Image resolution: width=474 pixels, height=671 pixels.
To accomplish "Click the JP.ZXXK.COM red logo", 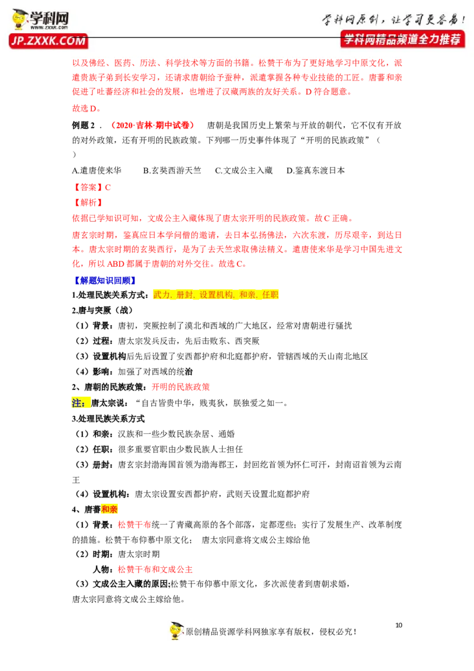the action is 48,41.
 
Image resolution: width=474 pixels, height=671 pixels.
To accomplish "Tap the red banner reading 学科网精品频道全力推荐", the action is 402,39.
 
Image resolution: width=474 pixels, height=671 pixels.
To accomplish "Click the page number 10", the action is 399,625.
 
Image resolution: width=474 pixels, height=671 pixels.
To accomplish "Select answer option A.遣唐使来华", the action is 97,170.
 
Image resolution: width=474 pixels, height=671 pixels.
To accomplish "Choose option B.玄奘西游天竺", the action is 172,170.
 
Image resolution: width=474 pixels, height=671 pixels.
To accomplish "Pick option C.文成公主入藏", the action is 244,170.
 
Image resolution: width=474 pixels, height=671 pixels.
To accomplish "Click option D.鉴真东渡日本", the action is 316,170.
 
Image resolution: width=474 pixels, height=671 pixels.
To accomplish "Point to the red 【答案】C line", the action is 92,187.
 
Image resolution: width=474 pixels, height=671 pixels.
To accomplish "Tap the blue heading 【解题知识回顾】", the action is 104,280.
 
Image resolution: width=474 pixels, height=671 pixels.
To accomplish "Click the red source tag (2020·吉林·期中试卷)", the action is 152,125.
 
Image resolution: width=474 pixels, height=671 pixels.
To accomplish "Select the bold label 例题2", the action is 84,125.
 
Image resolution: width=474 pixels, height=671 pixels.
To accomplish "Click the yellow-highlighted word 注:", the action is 78,402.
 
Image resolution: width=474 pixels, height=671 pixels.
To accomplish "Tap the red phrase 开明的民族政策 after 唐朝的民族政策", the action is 181,387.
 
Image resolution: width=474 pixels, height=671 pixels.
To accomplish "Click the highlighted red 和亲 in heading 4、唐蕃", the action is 109,509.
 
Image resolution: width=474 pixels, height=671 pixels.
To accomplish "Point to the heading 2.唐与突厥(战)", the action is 103,310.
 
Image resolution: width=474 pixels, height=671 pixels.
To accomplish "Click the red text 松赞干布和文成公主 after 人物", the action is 155,569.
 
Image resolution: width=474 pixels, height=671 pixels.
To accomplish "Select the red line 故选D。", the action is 87,108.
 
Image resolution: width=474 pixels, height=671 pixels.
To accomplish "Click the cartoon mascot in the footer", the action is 176,630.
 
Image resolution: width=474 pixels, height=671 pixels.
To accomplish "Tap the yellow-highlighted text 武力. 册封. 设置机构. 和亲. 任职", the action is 216,295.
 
